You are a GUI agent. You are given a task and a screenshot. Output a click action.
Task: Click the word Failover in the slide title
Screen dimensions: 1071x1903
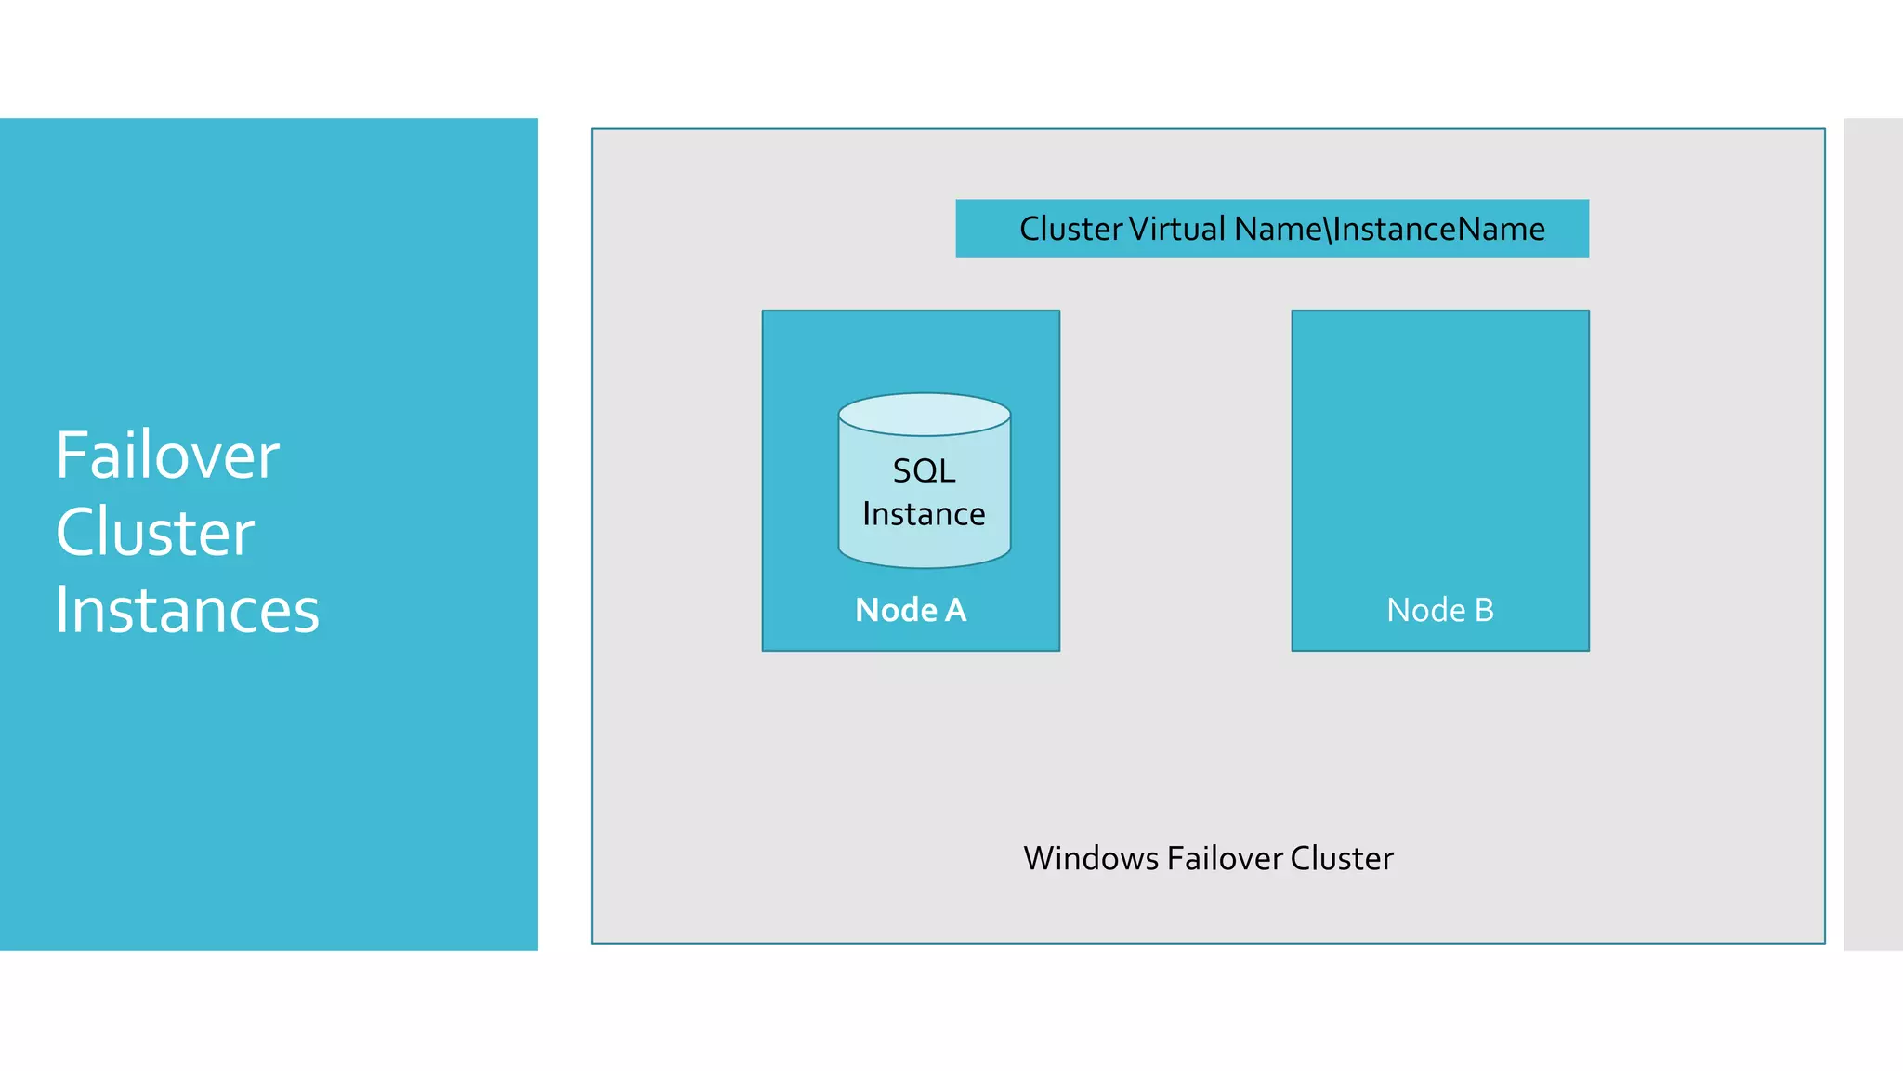[x=167, y=456]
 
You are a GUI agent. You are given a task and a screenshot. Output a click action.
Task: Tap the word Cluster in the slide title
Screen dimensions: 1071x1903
[x=155, y=533]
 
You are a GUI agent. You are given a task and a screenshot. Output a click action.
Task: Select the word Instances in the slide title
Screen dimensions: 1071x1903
[x=187, y=610]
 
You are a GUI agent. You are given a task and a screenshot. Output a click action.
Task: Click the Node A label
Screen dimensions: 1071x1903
[x=911, y=610]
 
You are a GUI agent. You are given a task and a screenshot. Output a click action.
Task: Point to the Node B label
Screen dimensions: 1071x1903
[x=1439, y=610]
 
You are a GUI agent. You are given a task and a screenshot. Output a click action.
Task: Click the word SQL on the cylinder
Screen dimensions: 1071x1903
[x=924, y=470]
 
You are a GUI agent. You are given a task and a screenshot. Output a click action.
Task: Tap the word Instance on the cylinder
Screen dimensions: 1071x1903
[x=924, y=514]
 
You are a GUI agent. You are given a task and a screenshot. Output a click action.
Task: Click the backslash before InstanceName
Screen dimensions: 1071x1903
[x=1328, y=229]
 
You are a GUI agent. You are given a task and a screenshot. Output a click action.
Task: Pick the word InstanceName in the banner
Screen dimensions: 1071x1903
[x=1439, y=229]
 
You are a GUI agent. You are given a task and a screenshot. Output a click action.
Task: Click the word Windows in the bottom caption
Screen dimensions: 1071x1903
[x=1091, y=858]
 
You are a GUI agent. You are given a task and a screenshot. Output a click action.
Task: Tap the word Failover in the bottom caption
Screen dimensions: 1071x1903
[x=1225, y=858]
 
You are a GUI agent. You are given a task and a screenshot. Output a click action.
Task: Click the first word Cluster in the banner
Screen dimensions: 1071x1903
[x=1071, y=229]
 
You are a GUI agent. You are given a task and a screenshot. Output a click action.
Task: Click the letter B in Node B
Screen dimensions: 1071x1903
[x=1484, y=610]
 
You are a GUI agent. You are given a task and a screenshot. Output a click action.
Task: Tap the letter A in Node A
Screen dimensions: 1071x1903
[x=955, y=610]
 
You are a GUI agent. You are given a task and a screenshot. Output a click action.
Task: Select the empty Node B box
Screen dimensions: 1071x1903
[x=1439, y=446]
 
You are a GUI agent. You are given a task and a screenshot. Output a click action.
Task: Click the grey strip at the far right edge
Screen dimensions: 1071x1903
[x=1873, y=534]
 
